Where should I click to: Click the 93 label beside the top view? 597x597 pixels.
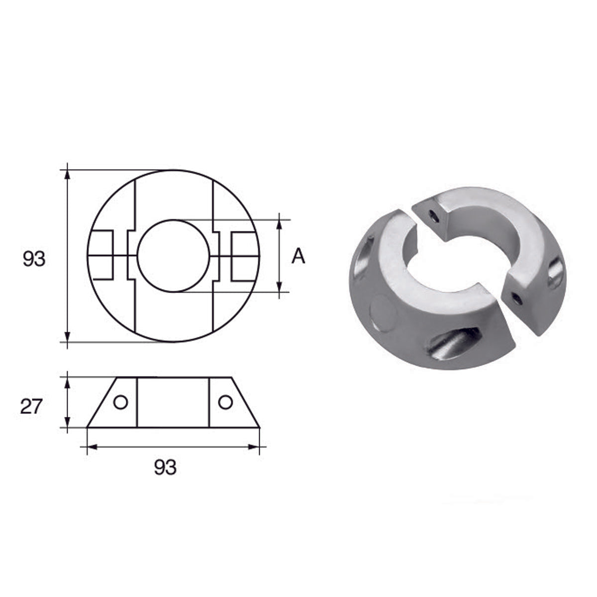click(x=34, y=259)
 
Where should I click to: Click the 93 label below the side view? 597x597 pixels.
click(x=165, y=468)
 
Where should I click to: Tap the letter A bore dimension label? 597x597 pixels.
click(x=298, y=256)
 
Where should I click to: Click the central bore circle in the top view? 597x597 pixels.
click(x=173, y=256)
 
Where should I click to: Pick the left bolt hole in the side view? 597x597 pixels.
click(x=120, y=402)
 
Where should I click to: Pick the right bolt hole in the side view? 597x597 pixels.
click(x=225, y=402)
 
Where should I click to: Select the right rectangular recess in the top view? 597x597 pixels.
click(x=245, y=256)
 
